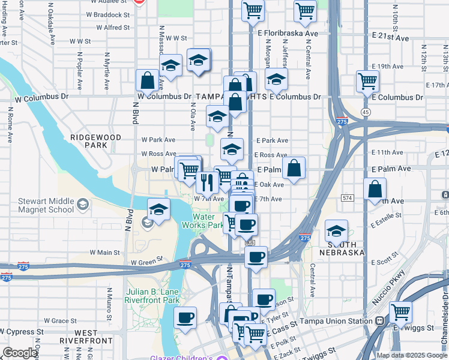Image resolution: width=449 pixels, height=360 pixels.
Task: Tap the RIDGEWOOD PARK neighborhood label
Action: [x=88, y=141]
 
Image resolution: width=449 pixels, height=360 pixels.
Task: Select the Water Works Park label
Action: [x=208, y=221]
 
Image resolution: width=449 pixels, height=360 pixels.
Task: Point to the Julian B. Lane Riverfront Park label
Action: [x=153, y=296]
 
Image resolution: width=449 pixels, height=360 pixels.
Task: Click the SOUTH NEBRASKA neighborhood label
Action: [x=346, y=248]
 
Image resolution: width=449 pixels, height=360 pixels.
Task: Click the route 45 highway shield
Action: [x=366, y=112]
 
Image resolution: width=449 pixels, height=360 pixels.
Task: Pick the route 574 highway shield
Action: [x=346, y=197]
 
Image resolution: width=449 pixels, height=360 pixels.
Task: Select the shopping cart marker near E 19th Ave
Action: [x=367, y=80]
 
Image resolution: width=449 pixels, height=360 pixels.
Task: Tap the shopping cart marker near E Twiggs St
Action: [x=400, y=311]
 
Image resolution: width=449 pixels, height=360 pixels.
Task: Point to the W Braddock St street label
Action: [x=108, y=15]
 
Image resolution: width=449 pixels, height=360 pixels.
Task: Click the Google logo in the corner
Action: [x=20, y=353]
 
